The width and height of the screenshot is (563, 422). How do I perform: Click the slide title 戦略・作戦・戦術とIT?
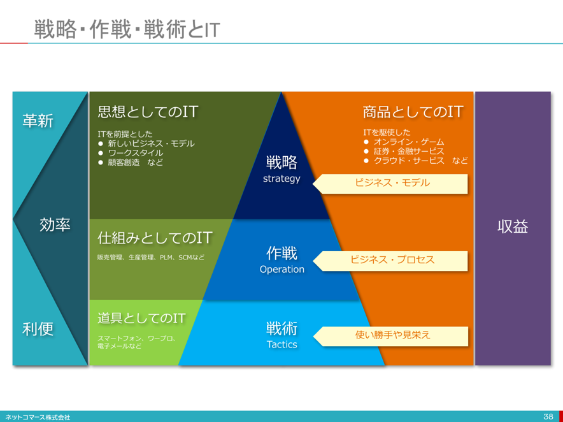tap(127, 29)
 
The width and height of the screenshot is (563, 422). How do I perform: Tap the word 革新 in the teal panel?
tap(38, 120)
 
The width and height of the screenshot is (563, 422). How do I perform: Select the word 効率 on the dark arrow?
tap(55, 224)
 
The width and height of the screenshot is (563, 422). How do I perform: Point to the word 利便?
tap(38, 328)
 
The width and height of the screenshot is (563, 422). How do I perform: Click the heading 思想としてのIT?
tap(148, 112)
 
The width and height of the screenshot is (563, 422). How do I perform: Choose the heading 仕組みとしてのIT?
tap(155, 238)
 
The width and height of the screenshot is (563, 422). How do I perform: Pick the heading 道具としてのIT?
tap(141, 318)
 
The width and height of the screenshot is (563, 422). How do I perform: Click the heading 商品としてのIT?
tap(413, 112)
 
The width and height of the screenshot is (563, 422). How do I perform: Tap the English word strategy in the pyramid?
tap(281, 178)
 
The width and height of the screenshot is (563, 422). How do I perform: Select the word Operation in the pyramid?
tap(282, 269)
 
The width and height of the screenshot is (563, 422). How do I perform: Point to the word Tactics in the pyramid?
tap(282, 344)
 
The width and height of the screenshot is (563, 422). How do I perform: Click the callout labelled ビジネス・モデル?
tap(390, 184)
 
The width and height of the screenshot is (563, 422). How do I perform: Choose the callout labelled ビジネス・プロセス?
tap(390, 261)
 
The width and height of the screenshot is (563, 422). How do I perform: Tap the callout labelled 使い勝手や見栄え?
tap(390, 336)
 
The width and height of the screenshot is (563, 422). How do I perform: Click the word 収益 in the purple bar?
tap(513, 226)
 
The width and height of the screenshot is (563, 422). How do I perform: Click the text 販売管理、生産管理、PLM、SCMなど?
tap(151, 258)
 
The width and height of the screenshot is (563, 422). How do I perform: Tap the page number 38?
tap(548, 417)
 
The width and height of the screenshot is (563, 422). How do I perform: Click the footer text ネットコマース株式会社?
tap(38, 418)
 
